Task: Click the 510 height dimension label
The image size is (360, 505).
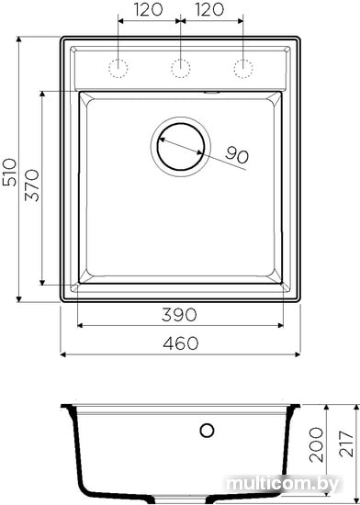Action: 10,172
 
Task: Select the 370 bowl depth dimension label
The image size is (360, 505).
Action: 32,185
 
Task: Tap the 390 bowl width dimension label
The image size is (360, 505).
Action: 179,315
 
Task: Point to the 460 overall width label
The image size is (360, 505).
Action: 181,343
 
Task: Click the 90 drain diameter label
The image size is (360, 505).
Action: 237,154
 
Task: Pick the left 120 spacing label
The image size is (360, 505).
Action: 148,10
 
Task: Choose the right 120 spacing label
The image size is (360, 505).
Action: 209,10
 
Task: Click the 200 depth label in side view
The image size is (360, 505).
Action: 316,444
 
